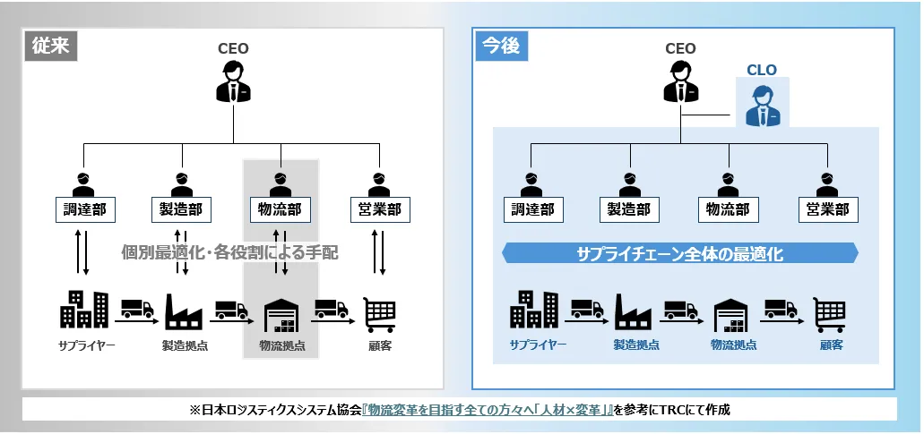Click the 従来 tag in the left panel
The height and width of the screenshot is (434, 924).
[50, 47]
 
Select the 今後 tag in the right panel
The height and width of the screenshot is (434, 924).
[500, 47]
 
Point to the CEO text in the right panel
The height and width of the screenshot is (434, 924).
[680, 48]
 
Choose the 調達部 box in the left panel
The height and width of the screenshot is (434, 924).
[82, 210]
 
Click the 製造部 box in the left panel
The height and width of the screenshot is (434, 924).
[182, 210]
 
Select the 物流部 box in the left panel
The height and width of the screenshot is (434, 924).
[279, 210]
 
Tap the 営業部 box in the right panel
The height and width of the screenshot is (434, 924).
[828, 210]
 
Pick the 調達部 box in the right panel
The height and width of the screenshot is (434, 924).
[532, 210]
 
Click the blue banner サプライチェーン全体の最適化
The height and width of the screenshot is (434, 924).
[680, 254]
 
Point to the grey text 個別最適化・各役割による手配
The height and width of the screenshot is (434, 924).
[230, 253]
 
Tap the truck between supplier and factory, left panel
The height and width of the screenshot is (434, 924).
[136, 309]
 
